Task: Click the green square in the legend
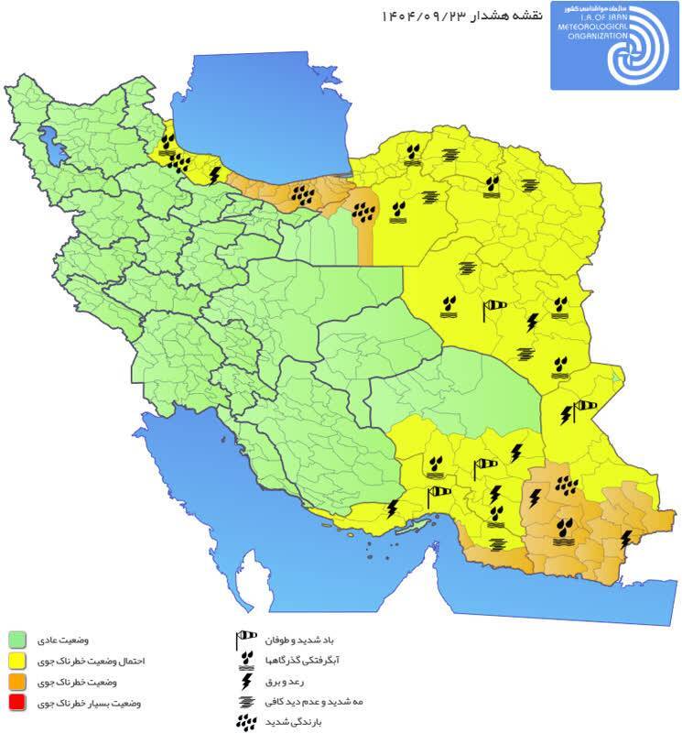pos(16,639)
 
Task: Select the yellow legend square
pos(16,661)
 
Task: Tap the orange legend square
pos(16,683)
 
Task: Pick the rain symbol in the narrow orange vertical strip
pos(365,210)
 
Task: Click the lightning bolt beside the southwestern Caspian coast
pos(215,173)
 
